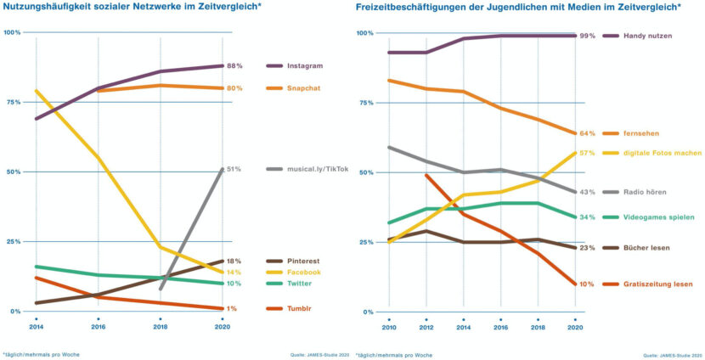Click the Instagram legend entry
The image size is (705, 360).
[305, 65]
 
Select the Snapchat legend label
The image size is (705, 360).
[304, 88]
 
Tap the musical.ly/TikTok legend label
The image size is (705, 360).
[318, 169]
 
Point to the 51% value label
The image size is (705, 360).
[234, 169]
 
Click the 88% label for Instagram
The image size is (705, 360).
[234, 65]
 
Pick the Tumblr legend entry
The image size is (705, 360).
[299, 308]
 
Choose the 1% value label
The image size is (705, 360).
[232, 308]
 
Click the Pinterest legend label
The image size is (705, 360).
[303, 262]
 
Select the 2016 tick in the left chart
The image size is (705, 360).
[98, 327]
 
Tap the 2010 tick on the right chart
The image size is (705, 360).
[389, 328]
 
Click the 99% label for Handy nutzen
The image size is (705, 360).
[587, 36]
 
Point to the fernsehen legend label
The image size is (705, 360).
[641, 133]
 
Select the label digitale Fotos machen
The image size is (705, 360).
[663, 154]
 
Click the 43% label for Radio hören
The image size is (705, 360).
[587, 192]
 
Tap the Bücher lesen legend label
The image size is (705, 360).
[646, 248]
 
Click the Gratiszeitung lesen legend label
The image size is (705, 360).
[657, 284]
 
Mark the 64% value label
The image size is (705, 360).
[587, 133]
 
